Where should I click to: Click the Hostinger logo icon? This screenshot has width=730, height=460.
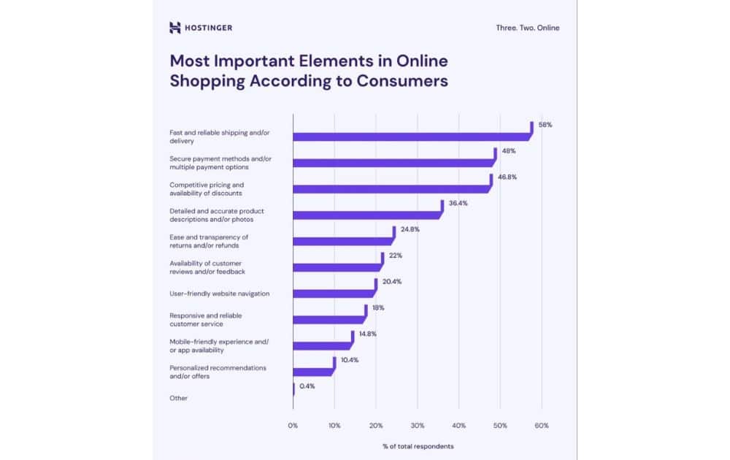tap(174, 28)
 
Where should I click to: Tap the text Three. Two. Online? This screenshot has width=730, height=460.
tap(527, 28)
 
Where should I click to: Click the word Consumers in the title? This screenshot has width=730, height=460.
tap(401, 81)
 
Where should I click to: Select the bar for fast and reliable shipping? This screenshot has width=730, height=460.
tap(411, 136)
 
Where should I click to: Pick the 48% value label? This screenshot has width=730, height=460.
tap(508, 151)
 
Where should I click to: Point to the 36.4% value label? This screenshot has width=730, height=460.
tap(458, 203)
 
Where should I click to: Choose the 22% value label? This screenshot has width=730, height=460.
tap(395, 256)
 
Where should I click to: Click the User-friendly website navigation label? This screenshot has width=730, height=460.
tap(220, 294)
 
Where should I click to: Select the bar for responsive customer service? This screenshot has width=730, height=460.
tap(328, 319)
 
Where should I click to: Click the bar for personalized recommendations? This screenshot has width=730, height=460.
tap(312, 371)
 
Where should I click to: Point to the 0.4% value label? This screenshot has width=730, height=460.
tap(307, 386)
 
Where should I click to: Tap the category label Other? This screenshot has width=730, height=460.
tap(179, 398)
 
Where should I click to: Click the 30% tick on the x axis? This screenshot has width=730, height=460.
tap(418, 425)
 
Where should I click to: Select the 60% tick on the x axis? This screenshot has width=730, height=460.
tap(542, 425)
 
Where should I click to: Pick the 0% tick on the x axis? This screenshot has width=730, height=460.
tap(293, 425)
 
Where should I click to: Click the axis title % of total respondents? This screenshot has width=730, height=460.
tap(417, 445)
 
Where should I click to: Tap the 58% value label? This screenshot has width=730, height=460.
tap(545, 125)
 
